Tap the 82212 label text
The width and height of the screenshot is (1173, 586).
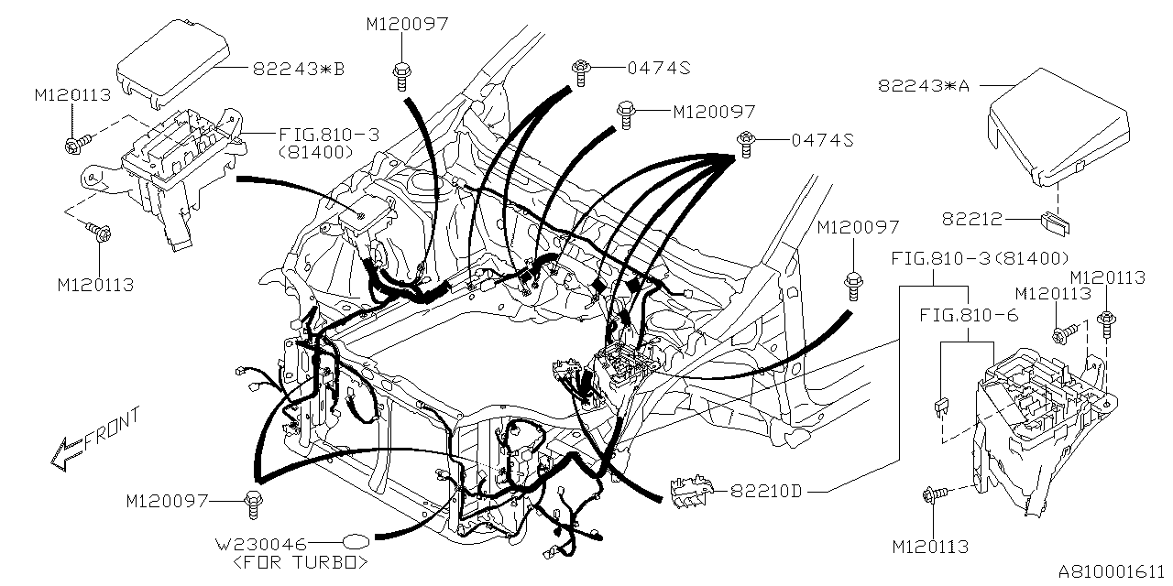coord(972,220)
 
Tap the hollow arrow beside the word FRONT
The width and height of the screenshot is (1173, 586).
coord(66,452)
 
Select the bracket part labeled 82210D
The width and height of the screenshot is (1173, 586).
coord(695,490)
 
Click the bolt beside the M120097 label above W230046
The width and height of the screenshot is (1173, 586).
coord(252,501)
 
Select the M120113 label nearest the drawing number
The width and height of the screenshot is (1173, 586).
coord(930,548)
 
